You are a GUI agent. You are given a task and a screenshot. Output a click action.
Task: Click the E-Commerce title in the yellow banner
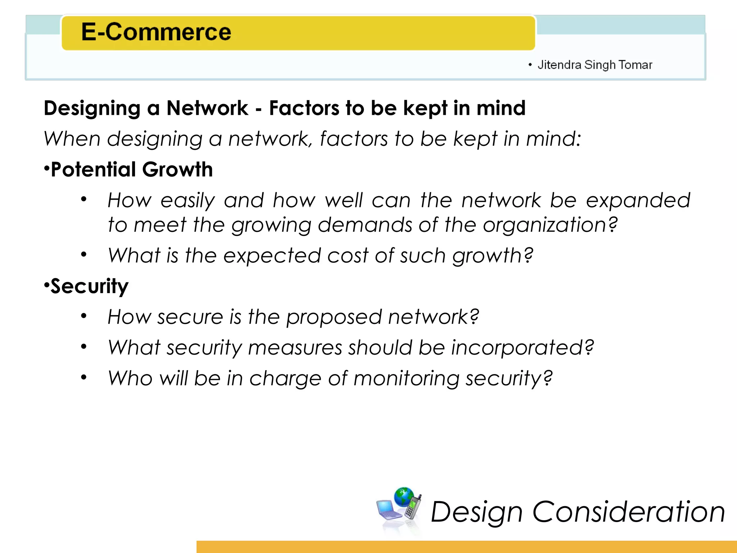156,32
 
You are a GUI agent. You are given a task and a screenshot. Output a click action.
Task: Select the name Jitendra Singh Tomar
594,65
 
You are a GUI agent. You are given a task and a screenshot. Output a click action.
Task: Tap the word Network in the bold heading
207,108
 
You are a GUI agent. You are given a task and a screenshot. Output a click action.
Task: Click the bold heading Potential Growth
132,170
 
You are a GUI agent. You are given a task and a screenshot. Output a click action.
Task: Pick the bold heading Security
89,287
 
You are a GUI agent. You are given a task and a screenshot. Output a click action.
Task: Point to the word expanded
638,200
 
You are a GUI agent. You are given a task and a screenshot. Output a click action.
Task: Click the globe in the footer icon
404,497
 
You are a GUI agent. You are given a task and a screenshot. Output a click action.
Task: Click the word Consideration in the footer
628,512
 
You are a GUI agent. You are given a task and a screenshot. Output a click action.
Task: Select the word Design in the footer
476,512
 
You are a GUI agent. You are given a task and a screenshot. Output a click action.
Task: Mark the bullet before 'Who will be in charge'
84,377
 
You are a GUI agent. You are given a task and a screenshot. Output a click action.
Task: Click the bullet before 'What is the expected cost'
84,255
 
